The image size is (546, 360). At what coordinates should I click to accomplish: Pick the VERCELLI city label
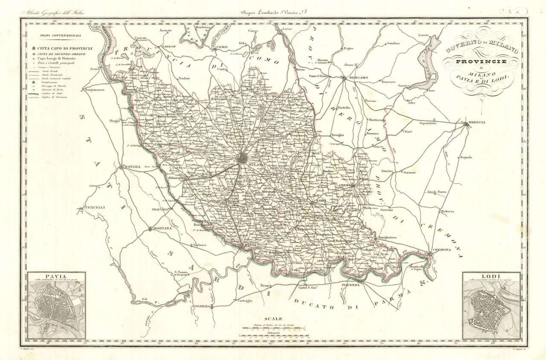[94, 208]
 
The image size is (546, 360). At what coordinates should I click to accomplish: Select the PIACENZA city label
[351, 285]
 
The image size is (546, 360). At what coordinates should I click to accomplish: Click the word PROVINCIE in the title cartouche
[481, 62]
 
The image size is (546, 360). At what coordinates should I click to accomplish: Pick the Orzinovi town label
[408, 172]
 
